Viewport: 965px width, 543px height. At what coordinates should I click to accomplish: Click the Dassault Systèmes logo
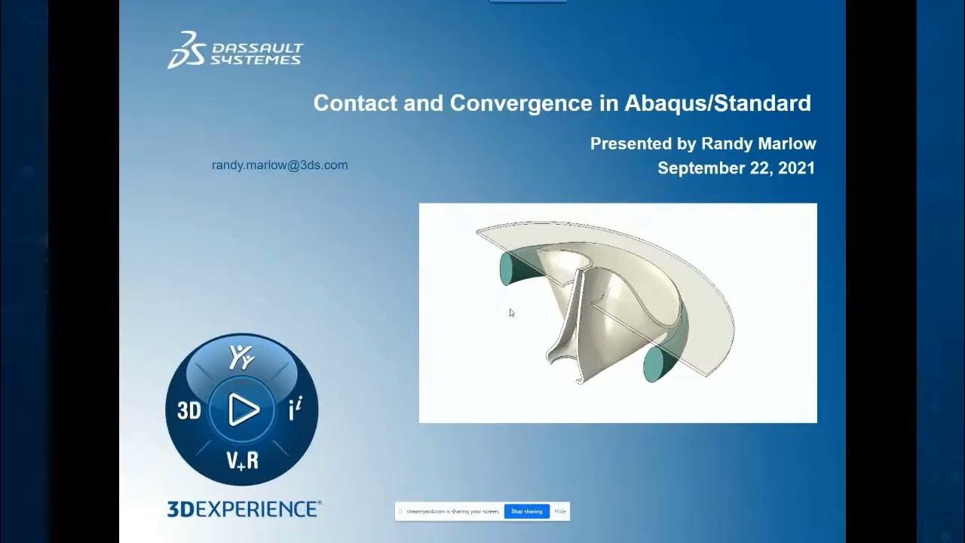(x=234, y=50)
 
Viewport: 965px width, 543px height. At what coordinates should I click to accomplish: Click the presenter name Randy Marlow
(x=758, y=143)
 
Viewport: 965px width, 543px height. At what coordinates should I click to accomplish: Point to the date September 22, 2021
(x=736, y=168)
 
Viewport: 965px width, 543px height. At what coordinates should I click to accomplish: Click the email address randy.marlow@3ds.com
(x=280, y=165)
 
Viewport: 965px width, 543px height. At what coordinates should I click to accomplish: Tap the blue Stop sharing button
(x=526, y=511)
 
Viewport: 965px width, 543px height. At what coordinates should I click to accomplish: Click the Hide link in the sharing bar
(x=560, y=511)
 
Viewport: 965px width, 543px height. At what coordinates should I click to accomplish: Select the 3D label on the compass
(x=189, y=410)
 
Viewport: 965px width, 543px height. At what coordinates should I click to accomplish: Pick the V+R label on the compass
(x=243, y=459)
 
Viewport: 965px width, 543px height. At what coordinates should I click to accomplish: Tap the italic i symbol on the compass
(x=295, y=410)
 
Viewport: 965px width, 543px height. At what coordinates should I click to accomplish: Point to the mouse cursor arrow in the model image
(x=512, y=312)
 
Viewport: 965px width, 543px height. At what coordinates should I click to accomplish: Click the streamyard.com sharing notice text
(x=452, y=511)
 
